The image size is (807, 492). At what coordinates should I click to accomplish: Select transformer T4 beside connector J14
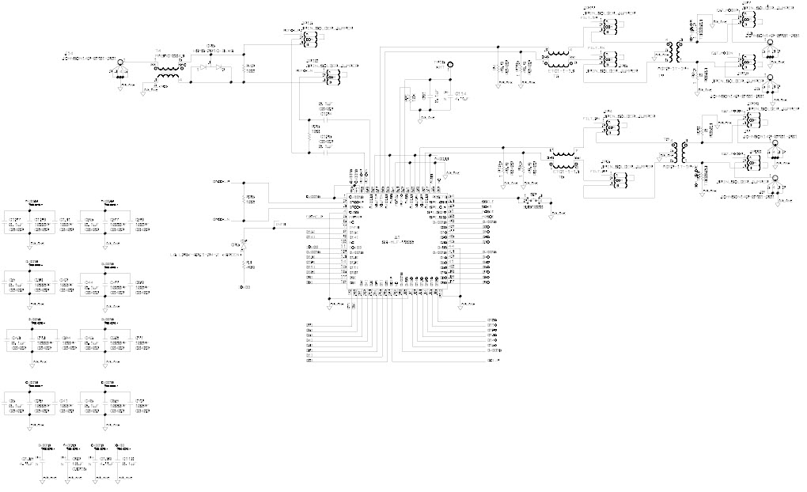pyautogui.click(x=166, y=72)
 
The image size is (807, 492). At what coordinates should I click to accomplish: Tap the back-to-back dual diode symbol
pyautogui.click(x=210, y=69)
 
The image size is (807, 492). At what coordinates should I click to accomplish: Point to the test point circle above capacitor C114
pyautogui.click(x=449, y=66)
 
